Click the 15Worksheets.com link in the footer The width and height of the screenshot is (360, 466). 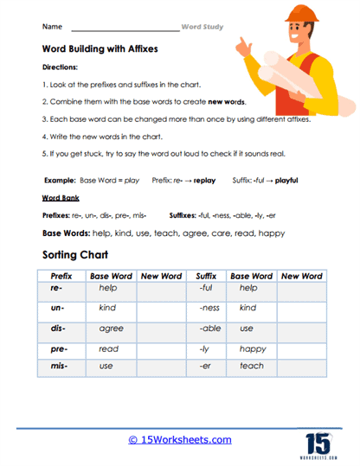(180, 439)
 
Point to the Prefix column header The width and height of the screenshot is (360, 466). (61, 276)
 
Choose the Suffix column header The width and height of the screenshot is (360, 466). (206, 276)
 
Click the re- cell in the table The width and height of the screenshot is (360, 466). (61, 288)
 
